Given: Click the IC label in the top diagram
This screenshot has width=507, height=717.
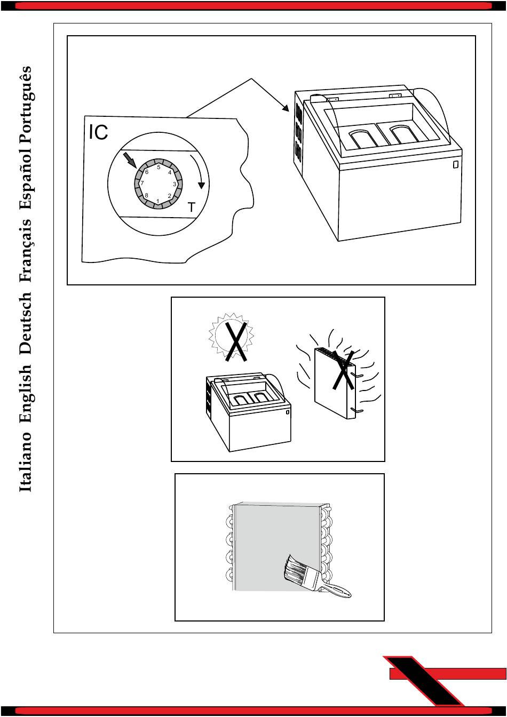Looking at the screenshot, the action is (98, 132).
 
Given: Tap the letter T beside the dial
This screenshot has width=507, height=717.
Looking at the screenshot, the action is (192, 208).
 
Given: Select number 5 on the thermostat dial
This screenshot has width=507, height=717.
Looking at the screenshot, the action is (159, 167).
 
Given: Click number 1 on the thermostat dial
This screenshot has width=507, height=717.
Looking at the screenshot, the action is (157, 201).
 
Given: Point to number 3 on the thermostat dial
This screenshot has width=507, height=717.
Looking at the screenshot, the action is (175, 184).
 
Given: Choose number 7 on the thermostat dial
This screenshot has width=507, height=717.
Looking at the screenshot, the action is (142, 183).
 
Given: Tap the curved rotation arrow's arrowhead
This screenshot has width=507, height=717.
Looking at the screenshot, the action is (201, 186).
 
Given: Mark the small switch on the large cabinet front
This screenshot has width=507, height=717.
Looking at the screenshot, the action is (456, 164).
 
